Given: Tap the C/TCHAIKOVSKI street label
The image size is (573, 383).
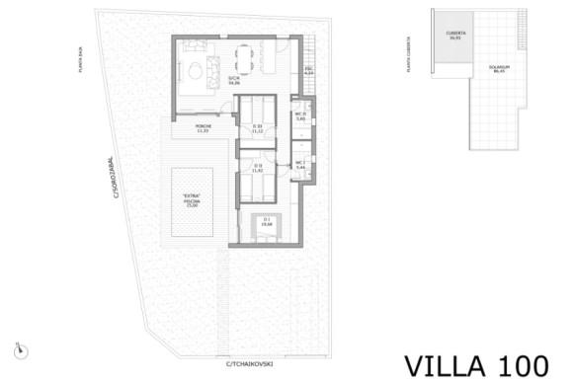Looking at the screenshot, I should coord(249,364).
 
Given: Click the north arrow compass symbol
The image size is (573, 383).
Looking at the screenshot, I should coord(20,347).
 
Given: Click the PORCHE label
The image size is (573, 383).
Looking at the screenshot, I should coord(204,129).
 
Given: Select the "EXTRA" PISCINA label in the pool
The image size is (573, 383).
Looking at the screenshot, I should coord(192,203).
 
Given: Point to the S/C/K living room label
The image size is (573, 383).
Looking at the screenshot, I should coord(234,81).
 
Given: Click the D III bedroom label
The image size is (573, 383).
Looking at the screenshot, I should coord(258,129).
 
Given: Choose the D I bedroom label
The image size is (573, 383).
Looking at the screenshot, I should coord(265,223).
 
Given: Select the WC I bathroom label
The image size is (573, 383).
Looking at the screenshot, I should coord(301,166).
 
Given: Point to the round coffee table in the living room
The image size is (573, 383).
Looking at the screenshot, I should coord(210,67).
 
